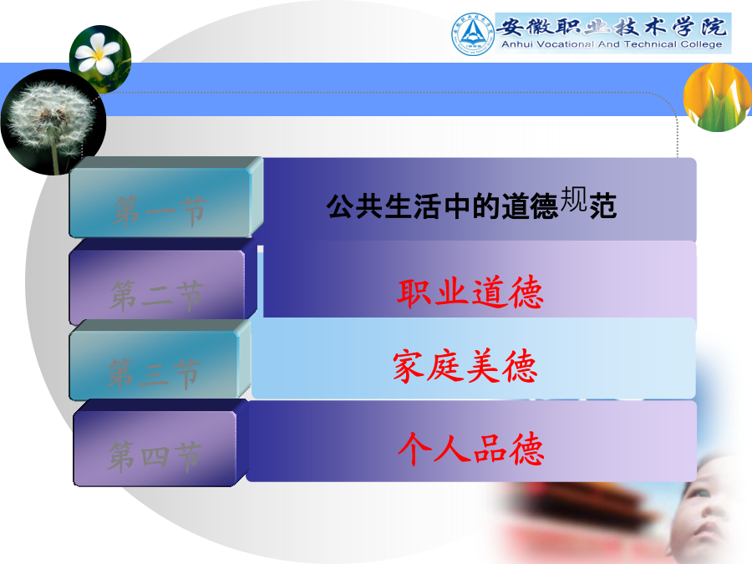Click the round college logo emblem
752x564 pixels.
472,34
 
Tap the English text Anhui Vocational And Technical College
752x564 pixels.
612,44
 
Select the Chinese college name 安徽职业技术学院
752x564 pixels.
612,27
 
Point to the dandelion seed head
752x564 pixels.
50,114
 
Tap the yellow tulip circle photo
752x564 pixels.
718,98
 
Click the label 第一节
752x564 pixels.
160,211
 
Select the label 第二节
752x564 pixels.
157,295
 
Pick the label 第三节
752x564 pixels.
154,373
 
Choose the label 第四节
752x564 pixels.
154,455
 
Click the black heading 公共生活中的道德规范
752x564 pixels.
471,204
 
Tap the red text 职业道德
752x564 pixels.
470,292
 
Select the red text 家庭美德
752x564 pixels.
465,366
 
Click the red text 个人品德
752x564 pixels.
471,449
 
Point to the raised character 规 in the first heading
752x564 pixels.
573,199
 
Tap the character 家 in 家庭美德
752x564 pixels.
409,367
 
